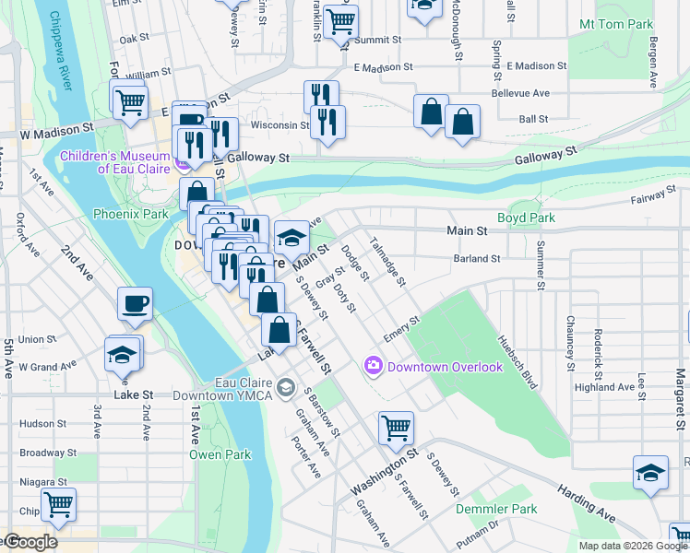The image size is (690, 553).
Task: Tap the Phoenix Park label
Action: point(130,214)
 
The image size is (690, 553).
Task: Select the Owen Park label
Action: point(220,454)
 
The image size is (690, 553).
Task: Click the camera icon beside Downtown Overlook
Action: point(374,366)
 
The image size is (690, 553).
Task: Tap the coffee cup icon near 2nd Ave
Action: point(135,303)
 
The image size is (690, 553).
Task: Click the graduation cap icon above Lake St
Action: point(123,354)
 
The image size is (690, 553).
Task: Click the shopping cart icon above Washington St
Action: point(396,427)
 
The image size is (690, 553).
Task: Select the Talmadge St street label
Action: point(387,261)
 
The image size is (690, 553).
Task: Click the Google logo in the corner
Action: point(30,542)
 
